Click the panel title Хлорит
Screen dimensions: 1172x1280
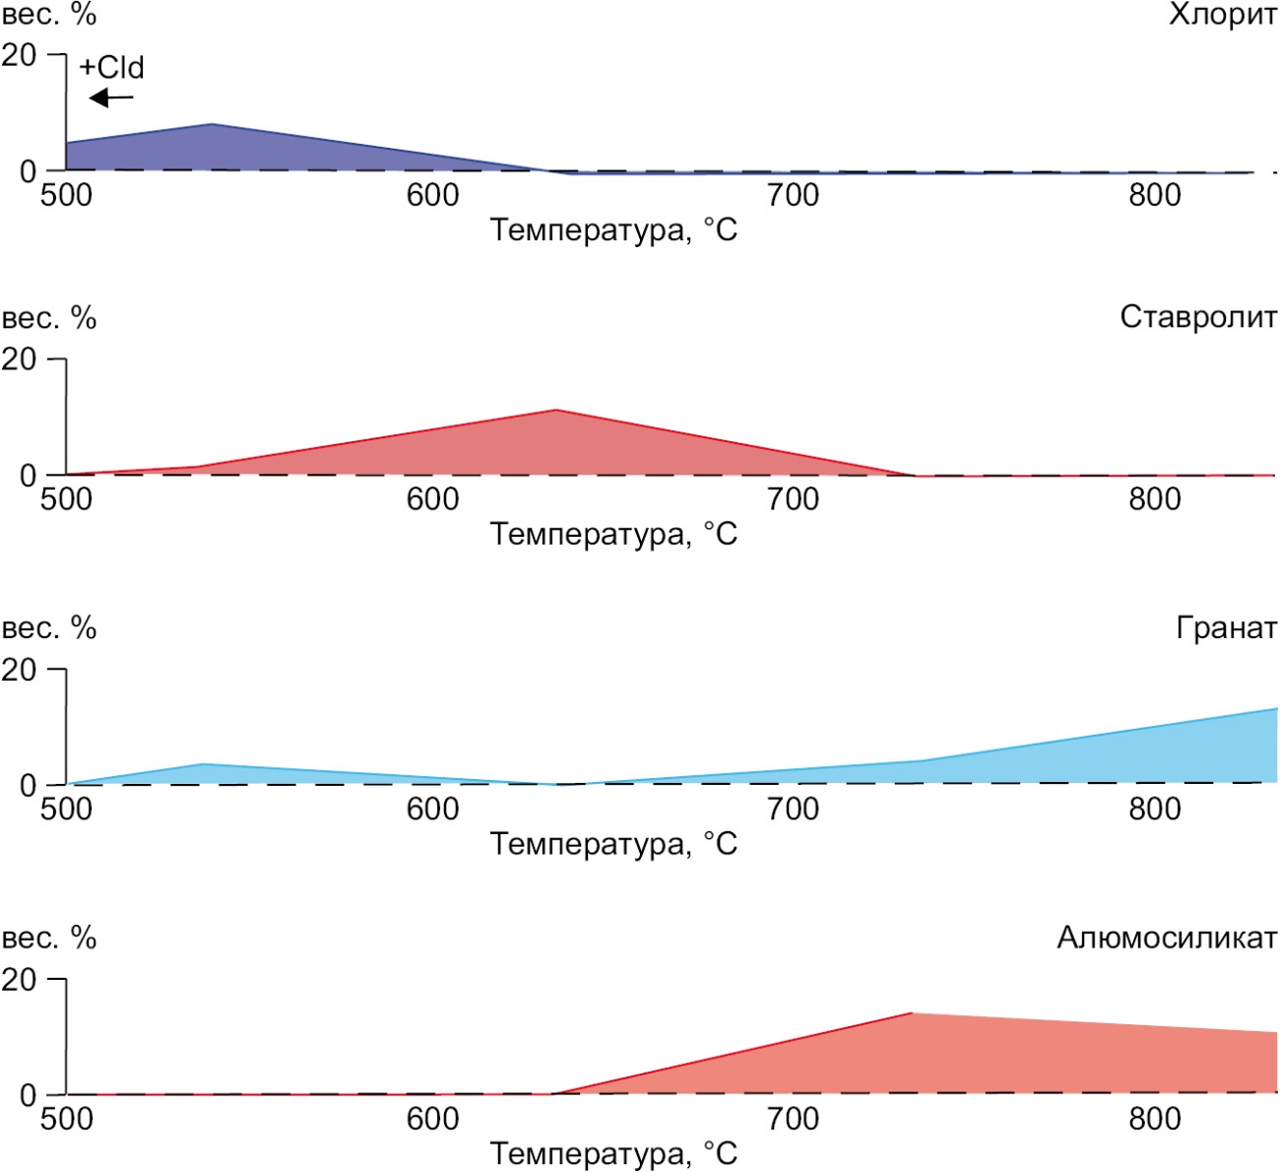(x=1222, y=15)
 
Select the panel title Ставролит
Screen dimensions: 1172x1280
(x=1197, y=317)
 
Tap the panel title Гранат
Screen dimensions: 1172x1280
(x=1226, y=627)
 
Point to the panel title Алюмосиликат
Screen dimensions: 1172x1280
(x=1167, y=938)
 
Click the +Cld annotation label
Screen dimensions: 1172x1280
(x=111, y=67)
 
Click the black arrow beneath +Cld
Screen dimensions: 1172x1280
(x=110, y=98)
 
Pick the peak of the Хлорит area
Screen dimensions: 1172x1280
(x=212, y=125)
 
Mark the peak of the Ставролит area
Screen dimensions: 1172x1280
(x=556, y=411)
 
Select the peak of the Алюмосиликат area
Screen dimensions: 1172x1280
(x=912, y=1013)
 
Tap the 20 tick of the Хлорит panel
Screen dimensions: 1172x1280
(x=19, y=55)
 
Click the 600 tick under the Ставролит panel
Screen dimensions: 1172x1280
(x=432, y=499)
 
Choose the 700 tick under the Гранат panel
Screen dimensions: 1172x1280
(x=793, y=810)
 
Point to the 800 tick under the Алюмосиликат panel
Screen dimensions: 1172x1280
(x=1154, y=1120)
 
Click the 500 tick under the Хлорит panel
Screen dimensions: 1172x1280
(x=66, y=195)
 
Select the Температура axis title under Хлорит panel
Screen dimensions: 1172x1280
(x=613, y=230)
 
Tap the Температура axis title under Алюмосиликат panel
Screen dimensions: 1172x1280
(x=613, y=1153)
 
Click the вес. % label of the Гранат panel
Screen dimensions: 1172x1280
(x=49, y=627)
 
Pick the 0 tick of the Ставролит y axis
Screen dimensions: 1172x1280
(x=27, y=476)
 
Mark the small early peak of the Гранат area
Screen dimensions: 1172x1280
(x=202, y=764)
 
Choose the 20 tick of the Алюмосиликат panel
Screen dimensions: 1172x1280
(x=19, y=980)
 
